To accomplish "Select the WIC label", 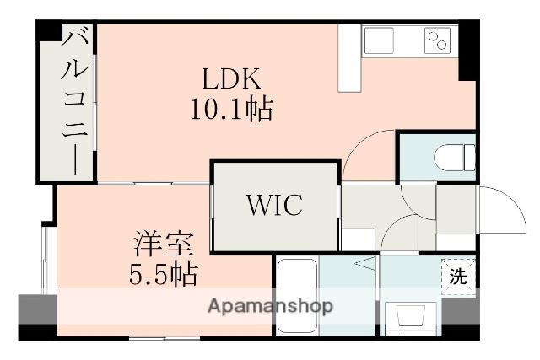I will tap(274, 205).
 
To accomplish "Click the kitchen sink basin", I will tap(378, 40).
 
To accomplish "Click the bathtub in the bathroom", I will tap(296, 291).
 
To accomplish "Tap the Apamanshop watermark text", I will tap(272, 305).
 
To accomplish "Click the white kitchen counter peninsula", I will tap(348, 59).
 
